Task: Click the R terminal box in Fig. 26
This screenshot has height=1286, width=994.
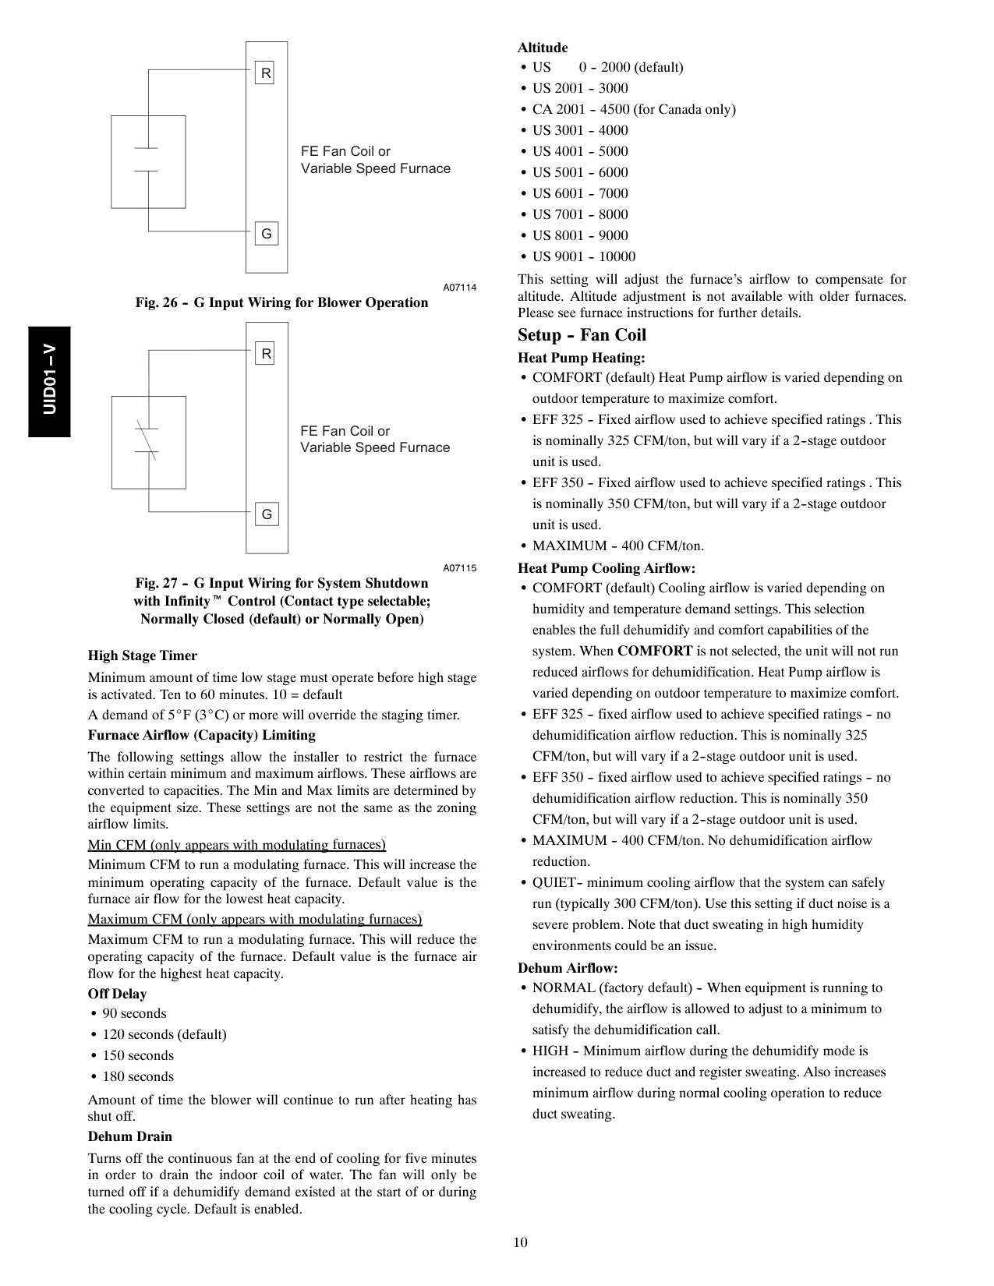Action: pos(266,74)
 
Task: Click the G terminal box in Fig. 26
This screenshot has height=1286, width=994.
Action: pos(266,233)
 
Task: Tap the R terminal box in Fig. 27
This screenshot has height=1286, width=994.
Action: pos(266,354)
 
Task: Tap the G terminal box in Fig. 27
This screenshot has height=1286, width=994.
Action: pos(267,514)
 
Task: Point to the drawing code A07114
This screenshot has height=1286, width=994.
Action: pos(460,288)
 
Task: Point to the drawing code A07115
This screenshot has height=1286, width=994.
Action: pos(460,568)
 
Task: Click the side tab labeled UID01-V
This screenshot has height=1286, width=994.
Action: pos(50,381)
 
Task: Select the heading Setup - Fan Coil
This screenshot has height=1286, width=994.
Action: pos(582,335)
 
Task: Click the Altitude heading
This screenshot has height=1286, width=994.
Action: pos(543,48)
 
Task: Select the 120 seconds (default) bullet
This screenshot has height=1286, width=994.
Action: pos(164,1034)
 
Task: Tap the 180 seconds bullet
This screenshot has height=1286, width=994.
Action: pos(138,1076)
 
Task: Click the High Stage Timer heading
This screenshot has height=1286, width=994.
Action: pos(143,655)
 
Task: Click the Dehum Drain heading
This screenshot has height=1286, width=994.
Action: pos(130,1136)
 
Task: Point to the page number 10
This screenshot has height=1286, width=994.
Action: pos(520,1242)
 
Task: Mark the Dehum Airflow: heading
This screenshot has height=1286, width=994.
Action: pos(568,968)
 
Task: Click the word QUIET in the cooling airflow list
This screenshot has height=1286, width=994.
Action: pos(554,882)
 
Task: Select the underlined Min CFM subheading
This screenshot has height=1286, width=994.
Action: pos(236,845)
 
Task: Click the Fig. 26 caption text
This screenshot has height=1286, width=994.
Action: pos(281,302)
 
